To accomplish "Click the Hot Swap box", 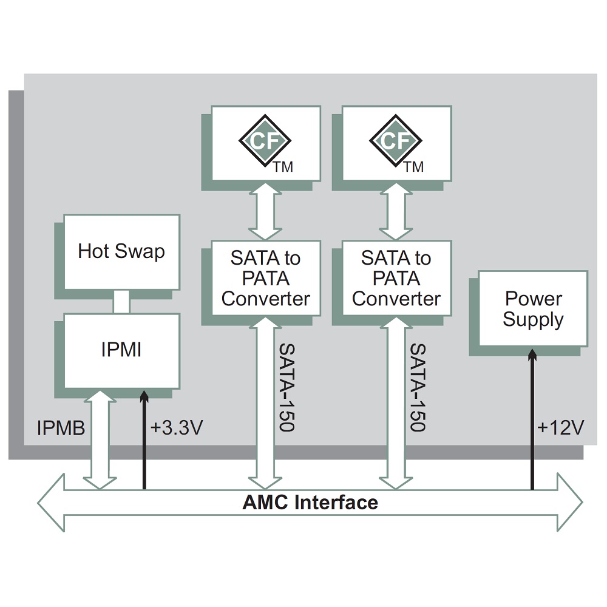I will click(x=122, y=252).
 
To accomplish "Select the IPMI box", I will click(x=122, y=350).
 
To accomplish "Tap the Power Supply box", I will click(x=533, y=308).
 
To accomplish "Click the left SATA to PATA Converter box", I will click(x=266, y=278).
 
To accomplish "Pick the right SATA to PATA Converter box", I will click(x=396, y=278).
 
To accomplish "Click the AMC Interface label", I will click(x=310, y=503).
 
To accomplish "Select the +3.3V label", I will click(x=176, y=428).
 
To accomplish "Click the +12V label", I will click(x=560, y=428).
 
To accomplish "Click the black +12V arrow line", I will click(x=533, y=425).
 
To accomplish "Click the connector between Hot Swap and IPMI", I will click(x=122, y=302).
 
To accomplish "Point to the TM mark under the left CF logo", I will click(x=283, y=167).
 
